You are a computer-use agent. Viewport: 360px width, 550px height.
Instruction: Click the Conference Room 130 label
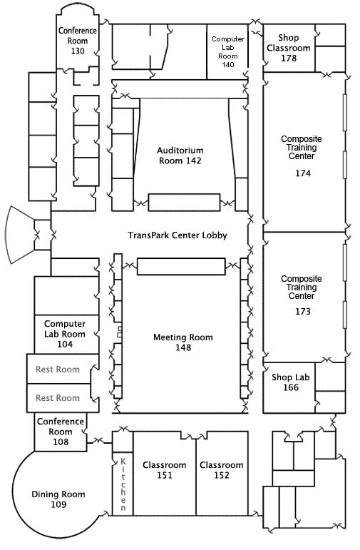click(x=78, y=41)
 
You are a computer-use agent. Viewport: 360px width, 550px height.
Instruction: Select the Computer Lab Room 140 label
click(x=228, y=52)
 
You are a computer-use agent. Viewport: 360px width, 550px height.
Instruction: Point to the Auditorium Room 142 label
click(x=180, y=156)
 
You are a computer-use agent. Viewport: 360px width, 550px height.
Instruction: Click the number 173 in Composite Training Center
click(x=304, y=312)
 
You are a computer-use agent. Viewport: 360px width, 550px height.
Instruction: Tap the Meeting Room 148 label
click(x=182, y=342)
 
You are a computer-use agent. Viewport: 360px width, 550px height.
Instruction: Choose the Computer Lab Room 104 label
click(x=64, y=334)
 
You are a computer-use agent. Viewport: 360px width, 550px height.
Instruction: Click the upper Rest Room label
click(x=58, y=370)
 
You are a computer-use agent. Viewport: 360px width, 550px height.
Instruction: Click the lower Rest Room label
click(x=58, y=398)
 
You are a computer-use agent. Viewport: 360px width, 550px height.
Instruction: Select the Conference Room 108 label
click(x=61, y=432)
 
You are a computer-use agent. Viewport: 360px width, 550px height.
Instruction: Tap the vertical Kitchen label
click(x=123, y=484)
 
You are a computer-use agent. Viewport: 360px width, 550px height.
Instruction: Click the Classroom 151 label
click(x=164, y=470)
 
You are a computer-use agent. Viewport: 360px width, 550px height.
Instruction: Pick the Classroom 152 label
click(x=222, y=470)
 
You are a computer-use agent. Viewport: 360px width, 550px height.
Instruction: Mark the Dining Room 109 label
click(x=58, y=499)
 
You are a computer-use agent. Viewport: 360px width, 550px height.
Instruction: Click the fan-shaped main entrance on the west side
click(x=21, y=235)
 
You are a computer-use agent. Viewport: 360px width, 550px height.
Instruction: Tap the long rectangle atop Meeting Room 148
click(x=181, y=266)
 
